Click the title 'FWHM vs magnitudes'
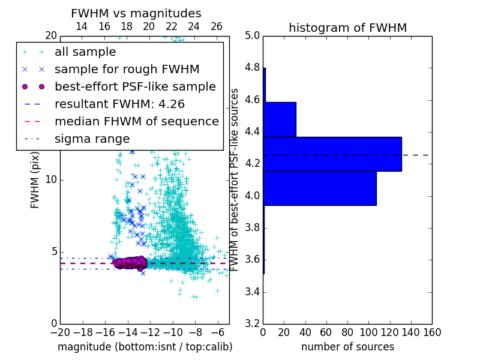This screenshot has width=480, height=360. [x=136, y=13]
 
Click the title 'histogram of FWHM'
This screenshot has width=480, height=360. [x=347, y=28]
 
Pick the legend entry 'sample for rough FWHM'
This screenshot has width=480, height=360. [x=127, y=69]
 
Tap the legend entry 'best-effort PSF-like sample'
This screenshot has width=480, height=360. [x=135, y=86]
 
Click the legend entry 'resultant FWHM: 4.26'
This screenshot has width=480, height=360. [x=119, y=104]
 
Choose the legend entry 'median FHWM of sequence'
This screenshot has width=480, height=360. [x=136, y=121]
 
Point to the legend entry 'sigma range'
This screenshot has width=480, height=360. [x=92, y=139]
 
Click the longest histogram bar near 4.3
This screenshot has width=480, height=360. [x=332, y=154]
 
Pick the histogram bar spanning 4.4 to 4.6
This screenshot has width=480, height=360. [x=280, y=119]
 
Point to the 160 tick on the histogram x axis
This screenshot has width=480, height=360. [x=432, y=332]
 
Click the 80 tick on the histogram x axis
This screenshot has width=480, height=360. [x=347, y=332]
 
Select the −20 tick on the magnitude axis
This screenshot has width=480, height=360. [x=59, y=332]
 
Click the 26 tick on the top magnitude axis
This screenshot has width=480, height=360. [x=217, y=26]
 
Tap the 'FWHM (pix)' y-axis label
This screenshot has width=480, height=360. [x=35, y=179]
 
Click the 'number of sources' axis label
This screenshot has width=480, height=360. [x=347, y=347]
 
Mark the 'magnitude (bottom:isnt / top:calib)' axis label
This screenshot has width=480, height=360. [x=145, y=347]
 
